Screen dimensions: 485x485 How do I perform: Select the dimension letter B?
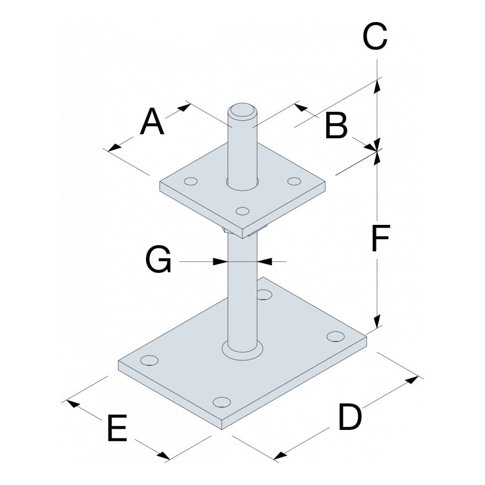(x=336, y=126)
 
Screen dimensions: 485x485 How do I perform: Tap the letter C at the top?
(x=375, y=37)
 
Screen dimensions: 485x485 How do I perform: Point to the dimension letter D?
(x=350, y=417)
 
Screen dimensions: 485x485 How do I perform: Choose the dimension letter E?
(x=116, y=428)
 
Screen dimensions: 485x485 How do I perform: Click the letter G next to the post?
(x=158, y=260)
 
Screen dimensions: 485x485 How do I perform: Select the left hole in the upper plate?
(x=191, y=181)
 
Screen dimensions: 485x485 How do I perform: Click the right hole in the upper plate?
(x=294, y=181)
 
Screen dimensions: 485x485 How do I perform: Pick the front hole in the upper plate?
(x=242, y=210)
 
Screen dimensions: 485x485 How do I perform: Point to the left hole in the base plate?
(x=149, y=360)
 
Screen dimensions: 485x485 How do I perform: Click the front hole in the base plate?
(x=221, y=401)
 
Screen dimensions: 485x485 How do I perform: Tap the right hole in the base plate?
(x=335, y=336)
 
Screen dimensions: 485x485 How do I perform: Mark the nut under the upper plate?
(x=227, y=231)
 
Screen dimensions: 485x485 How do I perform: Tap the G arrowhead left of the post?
(x=222, y=261)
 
